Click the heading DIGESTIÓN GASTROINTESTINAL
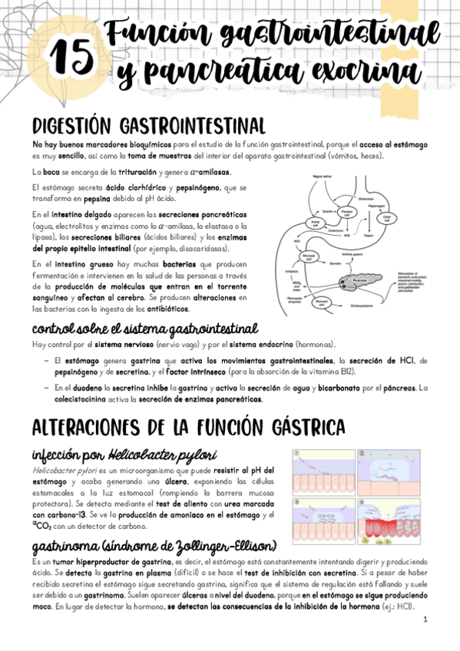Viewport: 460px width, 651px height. tap(149, 125)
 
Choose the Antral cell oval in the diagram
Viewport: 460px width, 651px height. tap(315, 223)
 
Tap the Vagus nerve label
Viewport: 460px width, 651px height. tap(323, 177)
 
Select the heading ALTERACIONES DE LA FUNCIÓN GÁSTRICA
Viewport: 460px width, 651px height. tap(189, 426)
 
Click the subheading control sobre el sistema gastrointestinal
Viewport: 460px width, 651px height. tap(144, 329)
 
